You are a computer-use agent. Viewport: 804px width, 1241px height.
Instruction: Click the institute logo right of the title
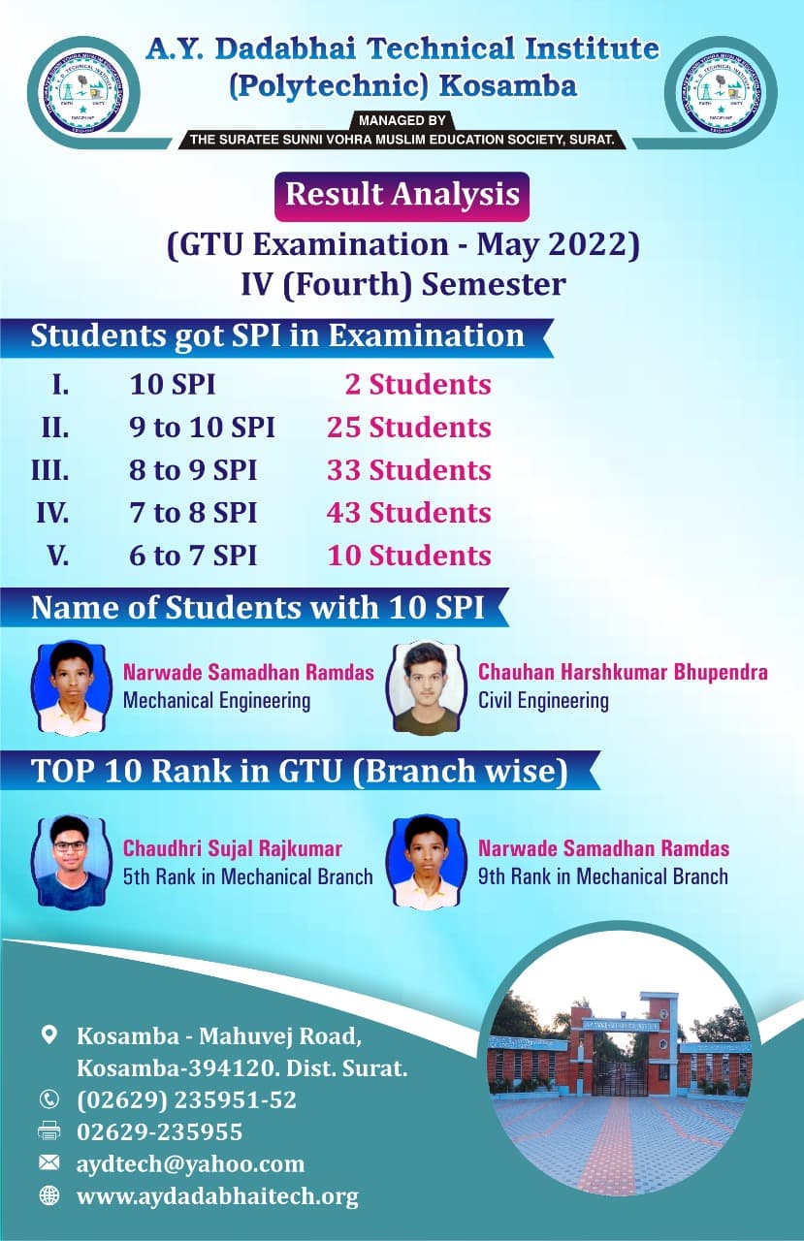(719, 94)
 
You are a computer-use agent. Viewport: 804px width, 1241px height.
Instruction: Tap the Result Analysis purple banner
(402, 195)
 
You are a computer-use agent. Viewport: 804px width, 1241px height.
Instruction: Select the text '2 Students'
(418, 385)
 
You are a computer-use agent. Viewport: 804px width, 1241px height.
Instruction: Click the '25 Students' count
(409, 428)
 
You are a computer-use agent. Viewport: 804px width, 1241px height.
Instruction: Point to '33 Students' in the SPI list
(409, 470)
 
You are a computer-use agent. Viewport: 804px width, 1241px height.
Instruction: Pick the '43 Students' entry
(409, 513)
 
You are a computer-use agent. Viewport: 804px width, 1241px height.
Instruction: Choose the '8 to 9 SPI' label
(193, 470)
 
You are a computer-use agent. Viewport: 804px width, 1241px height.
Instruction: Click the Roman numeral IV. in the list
(52, 513)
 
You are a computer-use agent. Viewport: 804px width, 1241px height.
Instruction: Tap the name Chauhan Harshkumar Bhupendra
(623, 672)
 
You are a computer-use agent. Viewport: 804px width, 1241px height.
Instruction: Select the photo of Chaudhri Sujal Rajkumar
(71, 861)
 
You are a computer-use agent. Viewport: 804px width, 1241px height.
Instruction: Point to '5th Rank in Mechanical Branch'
(247, 877)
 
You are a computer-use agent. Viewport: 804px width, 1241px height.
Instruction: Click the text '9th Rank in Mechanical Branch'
(602, 877)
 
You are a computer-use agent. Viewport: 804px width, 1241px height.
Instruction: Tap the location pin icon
(48, 1035)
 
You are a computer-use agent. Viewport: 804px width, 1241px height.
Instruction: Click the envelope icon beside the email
(48, 1161)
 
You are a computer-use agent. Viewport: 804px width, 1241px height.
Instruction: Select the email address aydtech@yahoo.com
(190, 1163)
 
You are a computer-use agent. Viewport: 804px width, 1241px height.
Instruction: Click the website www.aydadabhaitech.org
(217, 1196)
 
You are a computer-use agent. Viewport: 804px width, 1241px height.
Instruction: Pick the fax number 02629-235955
(159, 1131)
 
